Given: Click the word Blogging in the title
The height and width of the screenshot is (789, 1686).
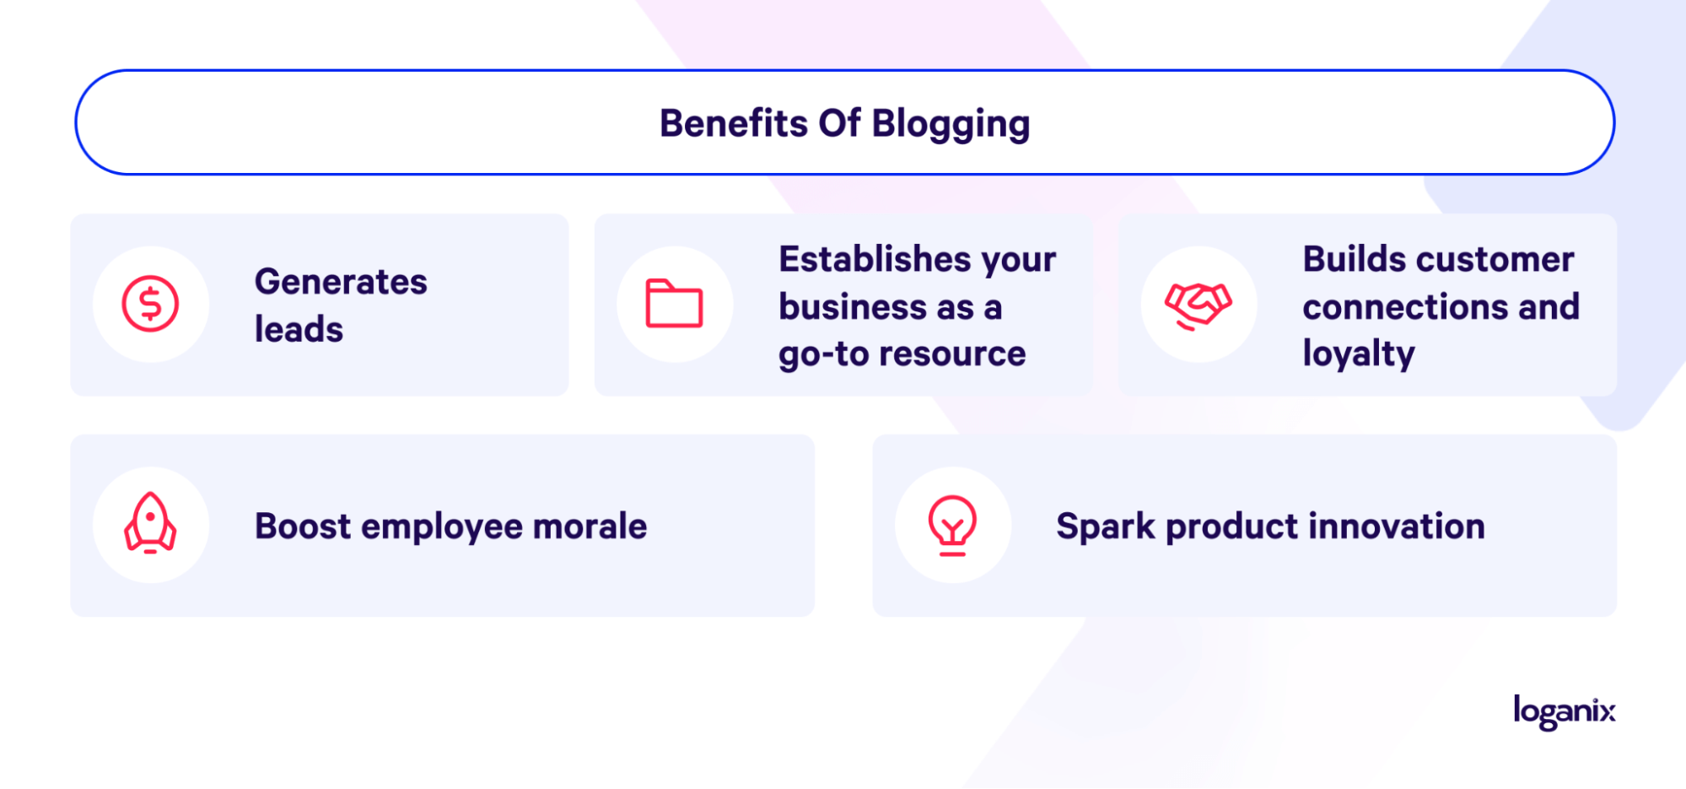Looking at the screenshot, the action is [951, 125].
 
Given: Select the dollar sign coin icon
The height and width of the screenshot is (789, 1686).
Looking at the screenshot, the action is [150, 304].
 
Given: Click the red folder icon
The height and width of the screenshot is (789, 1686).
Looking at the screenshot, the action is [674, 303].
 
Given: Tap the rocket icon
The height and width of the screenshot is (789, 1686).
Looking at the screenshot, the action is [150, 523].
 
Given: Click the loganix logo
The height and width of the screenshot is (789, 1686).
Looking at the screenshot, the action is [1565, 711].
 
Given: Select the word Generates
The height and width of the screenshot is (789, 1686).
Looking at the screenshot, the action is [341, 282].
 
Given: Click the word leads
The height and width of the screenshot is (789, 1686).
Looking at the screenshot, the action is [299, 329].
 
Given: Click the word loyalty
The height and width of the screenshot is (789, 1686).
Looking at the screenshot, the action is [1359, 354].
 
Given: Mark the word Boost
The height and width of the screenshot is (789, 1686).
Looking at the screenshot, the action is [303, 527].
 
